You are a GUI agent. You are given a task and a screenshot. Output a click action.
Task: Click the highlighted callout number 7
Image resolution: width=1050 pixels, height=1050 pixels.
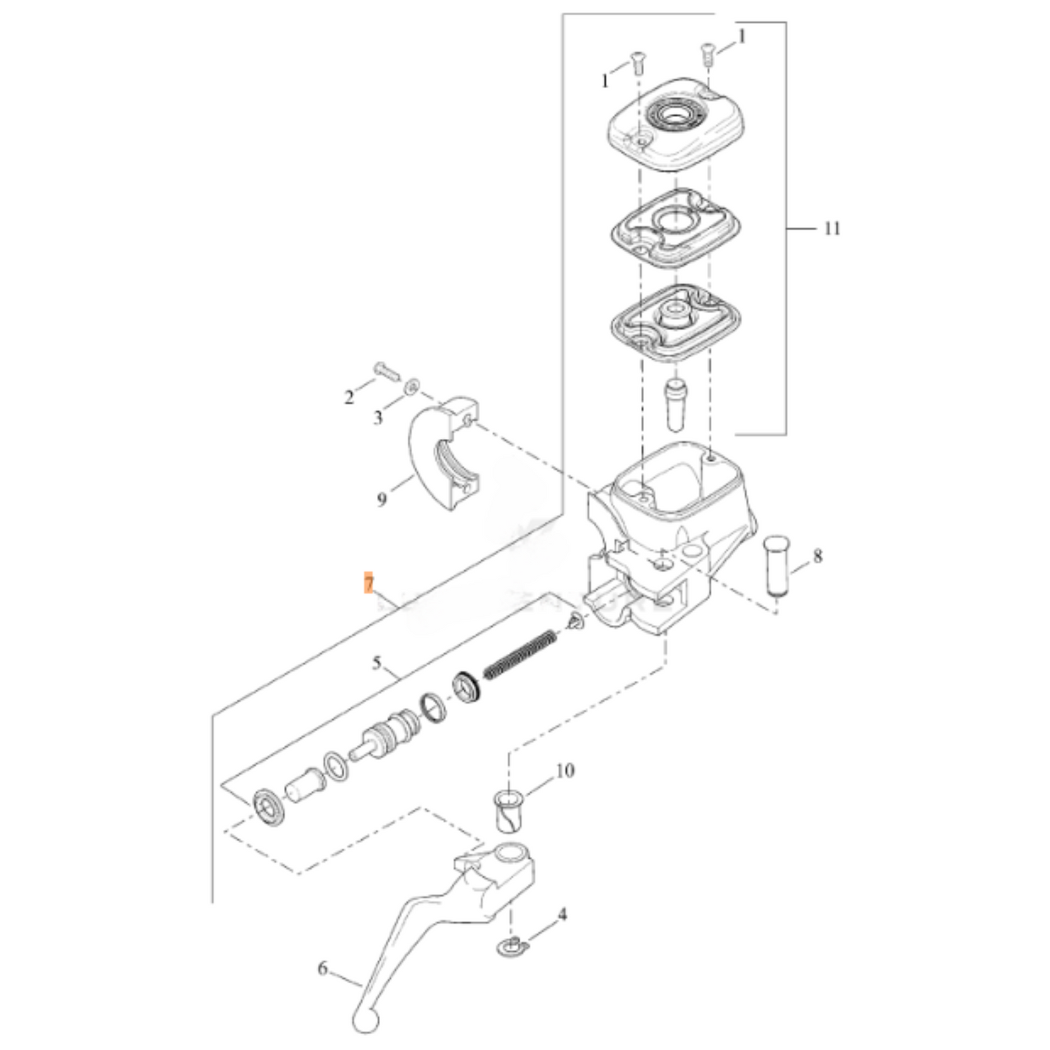(369, 583)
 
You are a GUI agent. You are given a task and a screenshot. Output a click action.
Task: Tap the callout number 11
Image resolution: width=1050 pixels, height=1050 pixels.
(831, 229)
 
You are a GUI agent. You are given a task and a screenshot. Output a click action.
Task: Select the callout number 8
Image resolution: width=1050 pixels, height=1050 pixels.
(817, 557)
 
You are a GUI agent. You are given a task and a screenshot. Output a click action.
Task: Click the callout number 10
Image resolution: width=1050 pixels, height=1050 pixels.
(565, 770)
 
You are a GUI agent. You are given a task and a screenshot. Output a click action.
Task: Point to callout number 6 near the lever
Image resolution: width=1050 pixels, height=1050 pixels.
(323, 969)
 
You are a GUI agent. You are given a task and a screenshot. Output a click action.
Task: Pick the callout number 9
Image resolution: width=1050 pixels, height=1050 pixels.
(382, 500)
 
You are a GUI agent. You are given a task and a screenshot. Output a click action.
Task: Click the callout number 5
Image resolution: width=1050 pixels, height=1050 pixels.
(376, 663)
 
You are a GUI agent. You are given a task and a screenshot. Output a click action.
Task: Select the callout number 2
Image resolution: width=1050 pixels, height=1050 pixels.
(349, 397)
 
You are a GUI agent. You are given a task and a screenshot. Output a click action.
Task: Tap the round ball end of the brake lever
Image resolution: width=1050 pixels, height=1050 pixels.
(365, 1019)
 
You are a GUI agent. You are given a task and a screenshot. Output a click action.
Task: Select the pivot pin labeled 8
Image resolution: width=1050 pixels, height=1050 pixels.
(778, 567)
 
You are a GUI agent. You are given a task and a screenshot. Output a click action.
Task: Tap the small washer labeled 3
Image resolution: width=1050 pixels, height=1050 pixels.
(411, 384)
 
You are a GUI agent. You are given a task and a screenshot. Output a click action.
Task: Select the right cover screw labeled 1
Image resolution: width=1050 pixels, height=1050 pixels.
(706, 55)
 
